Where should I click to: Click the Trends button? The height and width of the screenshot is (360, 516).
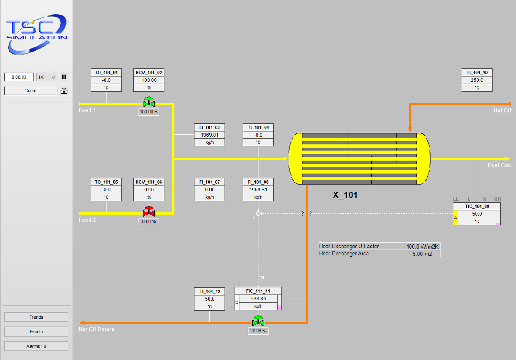36,317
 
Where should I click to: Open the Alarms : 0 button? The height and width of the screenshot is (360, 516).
36,346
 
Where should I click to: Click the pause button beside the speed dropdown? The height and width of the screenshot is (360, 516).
64,77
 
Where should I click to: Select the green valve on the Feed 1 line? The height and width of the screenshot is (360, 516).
149,103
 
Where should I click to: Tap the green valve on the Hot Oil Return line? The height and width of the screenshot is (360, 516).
258,321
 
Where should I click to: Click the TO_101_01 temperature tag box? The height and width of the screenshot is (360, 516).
106,80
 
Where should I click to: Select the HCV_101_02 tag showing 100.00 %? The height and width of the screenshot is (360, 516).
149,80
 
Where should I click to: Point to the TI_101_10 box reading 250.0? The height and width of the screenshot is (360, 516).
477,80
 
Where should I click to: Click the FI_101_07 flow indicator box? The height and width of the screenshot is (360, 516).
209,189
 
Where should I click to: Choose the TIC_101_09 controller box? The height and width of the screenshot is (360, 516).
477,214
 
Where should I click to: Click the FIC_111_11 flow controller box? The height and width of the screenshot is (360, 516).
258,299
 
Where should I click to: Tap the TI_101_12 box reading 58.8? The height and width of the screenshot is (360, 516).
209,299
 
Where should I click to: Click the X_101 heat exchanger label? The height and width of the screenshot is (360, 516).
345,195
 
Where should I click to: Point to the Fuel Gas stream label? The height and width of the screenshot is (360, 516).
499,165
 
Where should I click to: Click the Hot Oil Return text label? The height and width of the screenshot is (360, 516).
97,329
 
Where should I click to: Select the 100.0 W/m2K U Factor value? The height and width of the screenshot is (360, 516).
422,246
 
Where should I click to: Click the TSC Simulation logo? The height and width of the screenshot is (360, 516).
36,33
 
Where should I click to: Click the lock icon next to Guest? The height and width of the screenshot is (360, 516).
64,90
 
